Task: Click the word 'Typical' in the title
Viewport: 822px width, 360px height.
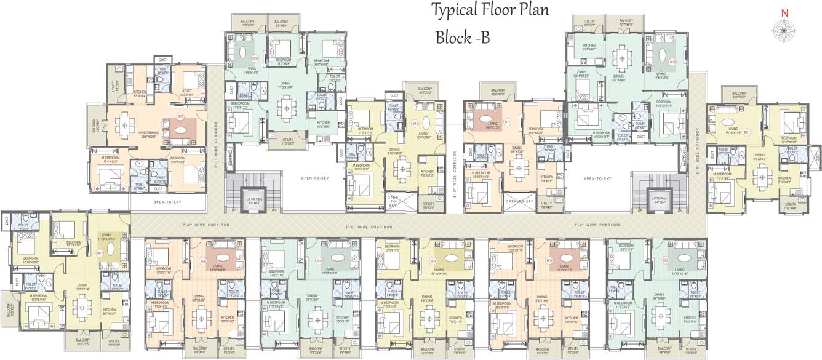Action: (x=454, y=10)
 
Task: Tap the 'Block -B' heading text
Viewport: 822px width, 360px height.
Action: (x=462, y=38)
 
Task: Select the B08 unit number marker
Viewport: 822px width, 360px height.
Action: (x=181, y=116)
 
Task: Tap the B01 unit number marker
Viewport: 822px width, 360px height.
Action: (x=747, y=132)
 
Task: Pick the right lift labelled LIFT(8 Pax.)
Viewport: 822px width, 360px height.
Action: (x=659, y=198)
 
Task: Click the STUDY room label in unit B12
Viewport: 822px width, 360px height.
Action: (x=581, y=74)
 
